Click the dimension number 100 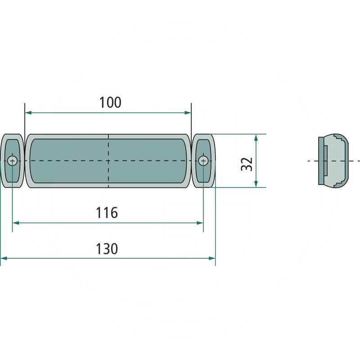tap(110, 103)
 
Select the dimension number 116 tap(107, 212)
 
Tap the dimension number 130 tap(107, 249)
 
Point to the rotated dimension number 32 tap(247, 164)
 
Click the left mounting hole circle tap(12, 161)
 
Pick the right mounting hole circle tap(203, 161)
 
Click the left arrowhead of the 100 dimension tap(28, 112)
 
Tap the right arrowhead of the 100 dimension tap(188, 112)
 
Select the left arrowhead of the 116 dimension tap(16, 223)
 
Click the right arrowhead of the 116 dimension tap(200, 223)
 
